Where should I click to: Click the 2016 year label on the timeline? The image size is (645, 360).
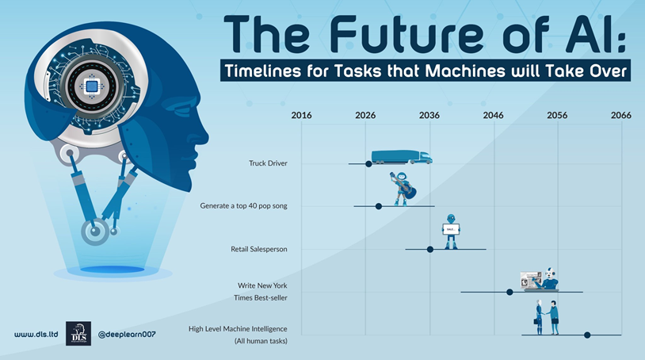click(x=301, y=115)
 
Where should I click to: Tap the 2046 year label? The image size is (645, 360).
click(x=493, y=115)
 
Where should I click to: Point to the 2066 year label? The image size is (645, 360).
click(x=620, y=115)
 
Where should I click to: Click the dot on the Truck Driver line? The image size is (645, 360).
click(x=368, y=164)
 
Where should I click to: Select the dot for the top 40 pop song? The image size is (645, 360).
click(x=379, y=206)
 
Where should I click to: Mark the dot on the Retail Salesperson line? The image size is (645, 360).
click(x=430, y=249)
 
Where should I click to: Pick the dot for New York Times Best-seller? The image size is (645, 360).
click(x=510, y=292)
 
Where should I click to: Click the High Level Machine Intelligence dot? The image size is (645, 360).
click(x=587, y=335)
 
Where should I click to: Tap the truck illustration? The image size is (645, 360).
click(x=402, y=157)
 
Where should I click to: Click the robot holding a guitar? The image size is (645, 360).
click(x=403, y=189)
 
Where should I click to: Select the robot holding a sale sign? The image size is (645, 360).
click(x=451, y=232)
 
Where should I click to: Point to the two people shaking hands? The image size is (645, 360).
click(x=547, y=317)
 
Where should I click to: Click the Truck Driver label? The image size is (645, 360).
click(x=268, y=163)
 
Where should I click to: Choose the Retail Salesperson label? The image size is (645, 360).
click(x=259, y=249)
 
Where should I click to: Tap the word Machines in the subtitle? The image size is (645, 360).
click(x=465, y=71)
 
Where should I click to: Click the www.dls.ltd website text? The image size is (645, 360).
click(x=36, y=334)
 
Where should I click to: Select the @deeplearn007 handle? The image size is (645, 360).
click(x=127, y=334)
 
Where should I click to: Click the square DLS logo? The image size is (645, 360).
click(x=78, y=334)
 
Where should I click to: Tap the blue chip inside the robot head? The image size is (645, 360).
click(x=92, y=86)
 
